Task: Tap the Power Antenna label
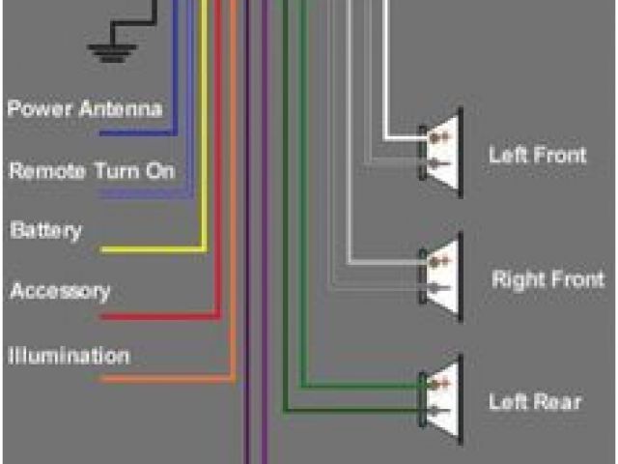[x=84, y=108]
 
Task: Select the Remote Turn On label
[x=92, y=171]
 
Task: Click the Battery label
[x=45, y=231]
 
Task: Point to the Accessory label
[x=60, y=291]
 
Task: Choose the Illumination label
[x=69, y=356]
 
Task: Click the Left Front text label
[x=537, y=155]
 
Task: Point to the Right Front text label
[x=548, y=280]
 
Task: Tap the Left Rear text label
[x=535, y=401]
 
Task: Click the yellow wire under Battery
[x=145, y=250]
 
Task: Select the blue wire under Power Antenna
[x=135, y=131]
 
